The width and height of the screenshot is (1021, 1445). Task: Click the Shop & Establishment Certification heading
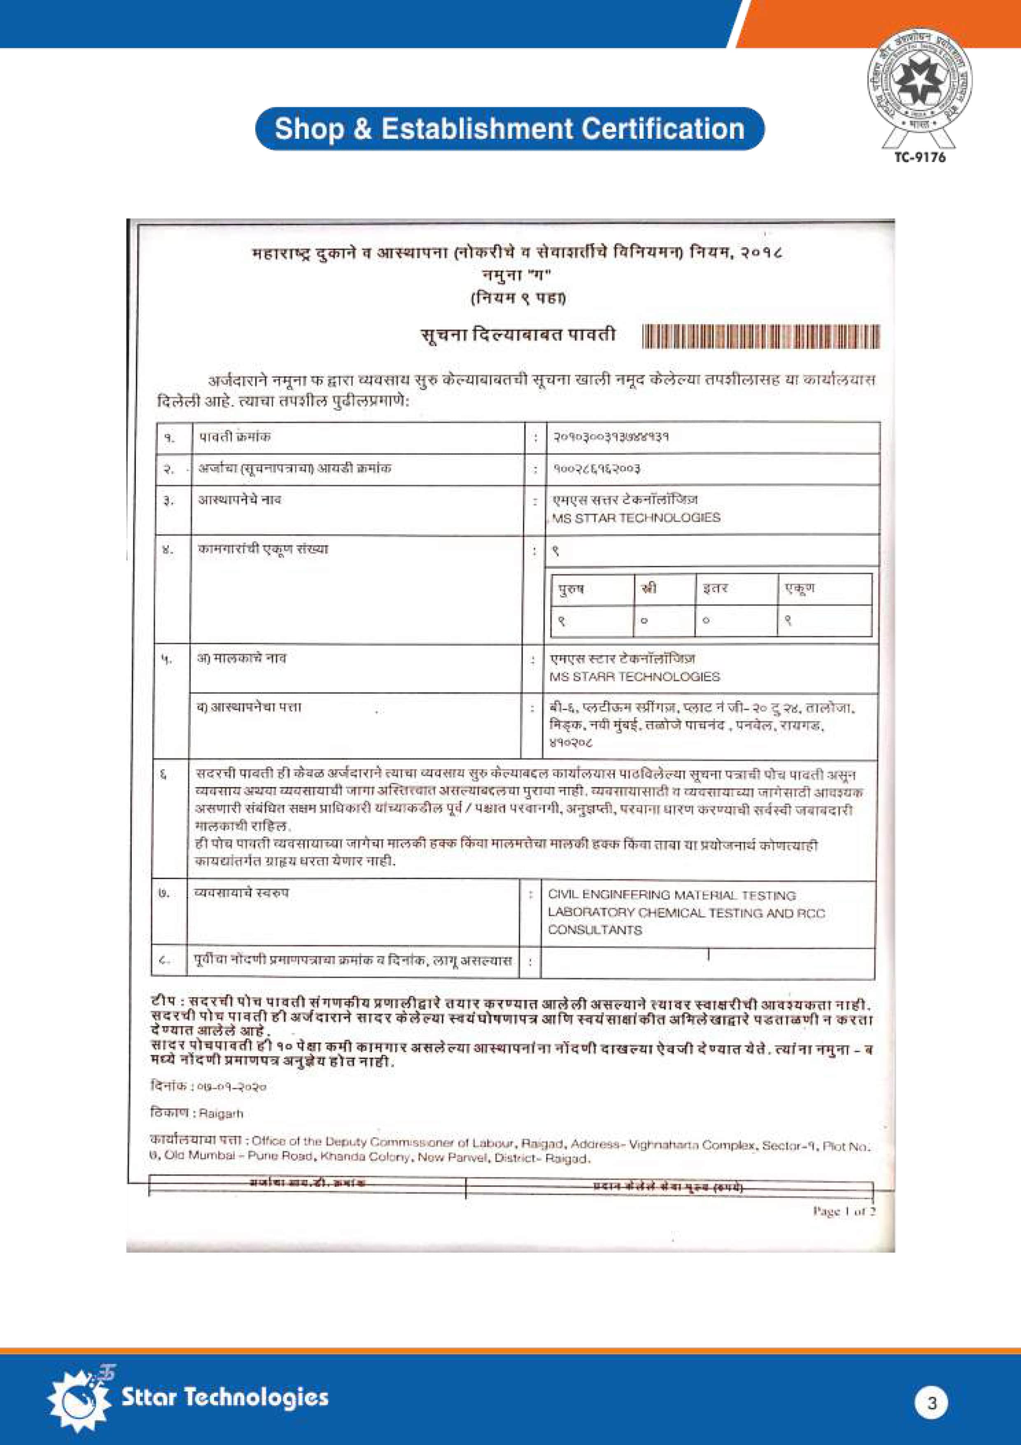[510, 129]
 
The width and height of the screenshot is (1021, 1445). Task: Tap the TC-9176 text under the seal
[920, 157]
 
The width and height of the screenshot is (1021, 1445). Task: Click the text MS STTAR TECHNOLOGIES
[635, 518]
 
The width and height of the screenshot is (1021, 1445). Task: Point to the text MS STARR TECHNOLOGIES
[634, 677]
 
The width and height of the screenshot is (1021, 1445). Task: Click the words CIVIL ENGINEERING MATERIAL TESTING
[671, 895]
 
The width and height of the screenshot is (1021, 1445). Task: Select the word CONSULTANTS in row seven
[594, 930]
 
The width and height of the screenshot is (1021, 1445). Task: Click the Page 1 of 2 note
[844, 1211]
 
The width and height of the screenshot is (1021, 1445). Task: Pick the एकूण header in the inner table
[799, 589]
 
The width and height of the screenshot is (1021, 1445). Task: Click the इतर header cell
[715, 589]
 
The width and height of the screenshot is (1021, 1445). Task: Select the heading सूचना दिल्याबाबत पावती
[518, 335]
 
